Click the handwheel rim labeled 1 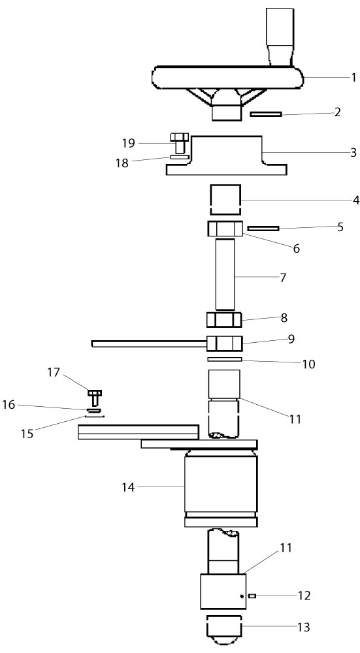[227, 78]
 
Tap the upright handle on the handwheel [280, 37]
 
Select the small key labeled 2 [266, 114]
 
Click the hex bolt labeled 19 [180, 142]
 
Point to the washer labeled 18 [180, 157]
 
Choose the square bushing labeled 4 [225, 200]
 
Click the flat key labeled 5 [263, 228]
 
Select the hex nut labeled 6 [225, 229]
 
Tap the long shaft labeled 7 [225, 274]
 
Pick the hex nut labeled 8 [225, 320]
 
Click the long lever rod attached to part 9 [150, 343]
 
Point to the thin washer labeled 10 [225, 359]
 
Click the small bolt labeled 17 [95, 397]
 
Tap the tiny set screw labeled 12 [252, 596]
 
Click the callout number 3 [353, 152]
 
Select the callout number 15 [27, 433]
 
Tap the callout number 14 [128, 487]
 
